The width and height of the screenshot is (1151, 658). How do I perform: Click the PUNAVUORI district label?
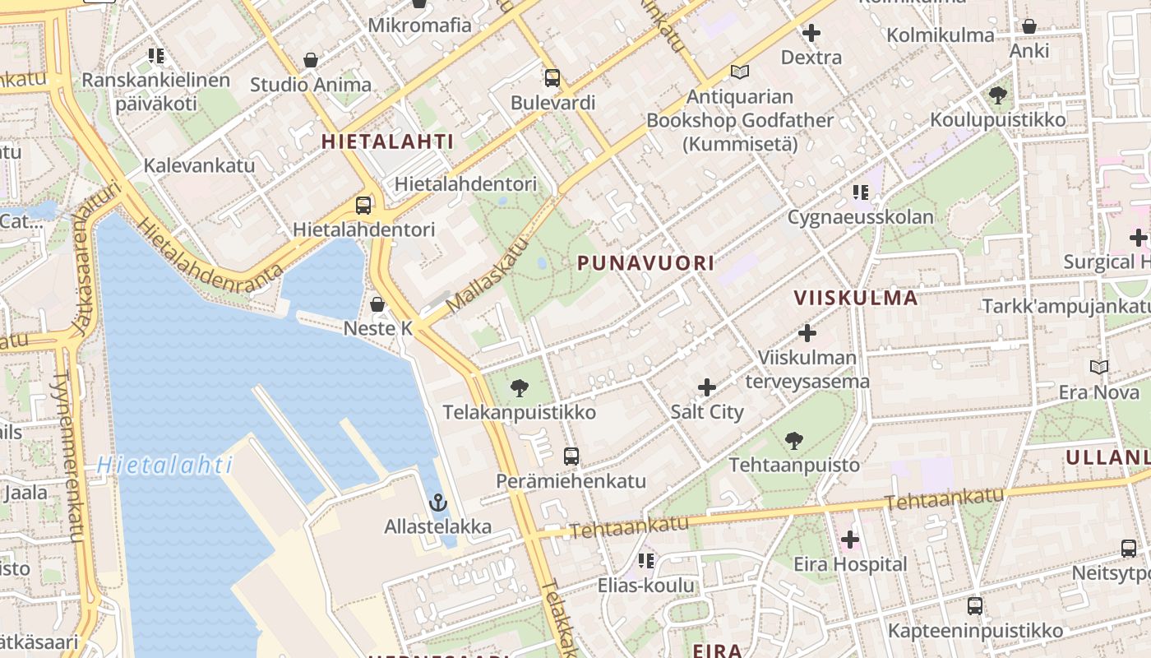tap(645, 263)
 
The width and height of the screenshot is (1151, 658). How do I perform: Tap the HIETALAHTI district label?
tap(387, 141)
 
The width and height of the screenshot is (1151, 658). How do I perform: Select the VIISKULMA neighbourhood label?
tap(855, 298)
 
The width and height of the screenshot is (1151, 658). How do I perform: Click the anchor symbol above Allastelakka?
tap(438, 502)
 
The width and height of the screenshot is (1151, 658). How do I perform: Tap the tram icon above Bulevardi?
tap(552, 78)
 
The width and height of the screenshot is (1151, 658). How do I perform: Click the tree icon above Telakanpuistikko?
tap(519, 387)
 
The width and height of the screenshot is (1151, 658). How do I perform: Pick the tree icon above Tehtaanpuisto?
tap(793, 441)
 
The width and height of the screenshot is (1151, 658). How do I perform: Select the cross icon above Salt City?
tap(706, 387)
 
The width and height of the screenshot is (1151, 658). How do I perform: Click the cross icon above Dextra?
tap(811, 33)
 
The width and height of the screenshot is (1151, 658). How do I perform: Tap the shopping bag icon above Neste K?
tap(377, 304)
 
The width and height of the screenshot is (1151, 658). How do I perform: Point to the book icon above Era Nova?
tap(1098, 367)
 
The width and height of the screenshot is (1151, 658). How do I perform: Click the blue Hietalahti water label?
tap(164, 466)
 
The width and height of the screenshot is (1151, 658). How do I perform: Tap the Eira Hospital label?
tap(850, 564)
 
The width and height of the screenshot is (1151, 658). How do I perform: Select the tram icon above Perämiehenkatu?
tap(571, 456)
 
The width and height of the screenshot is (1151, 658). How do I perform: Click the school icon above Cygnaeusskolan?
tap(860, 192)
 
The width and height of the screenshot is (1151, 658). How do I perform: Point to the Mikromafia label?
tap(419, 25)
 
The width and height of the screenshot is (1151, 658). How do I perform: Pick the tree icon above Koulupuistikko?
tap(998, 95)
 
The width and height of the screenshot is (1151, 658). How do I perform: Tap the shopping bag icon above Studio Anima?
tap(311, 60)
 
